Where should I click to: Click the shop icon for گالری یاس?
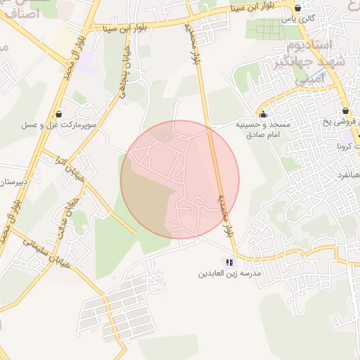(x=297, y=9)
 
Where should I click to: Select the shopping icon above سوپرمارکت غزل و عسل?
(x=58, y=113)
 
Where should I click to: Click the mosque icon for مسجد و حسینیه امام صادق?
(x=264, y=114)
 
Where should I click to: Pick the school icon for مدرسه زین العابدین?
(x=229, y=262)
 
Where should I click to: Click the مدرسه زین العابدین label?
(x=229, y=273)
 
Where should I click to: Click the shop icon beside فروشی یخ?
(x=345, y=111)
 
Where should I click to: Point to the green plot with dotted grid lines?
(x=267, y=28)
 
